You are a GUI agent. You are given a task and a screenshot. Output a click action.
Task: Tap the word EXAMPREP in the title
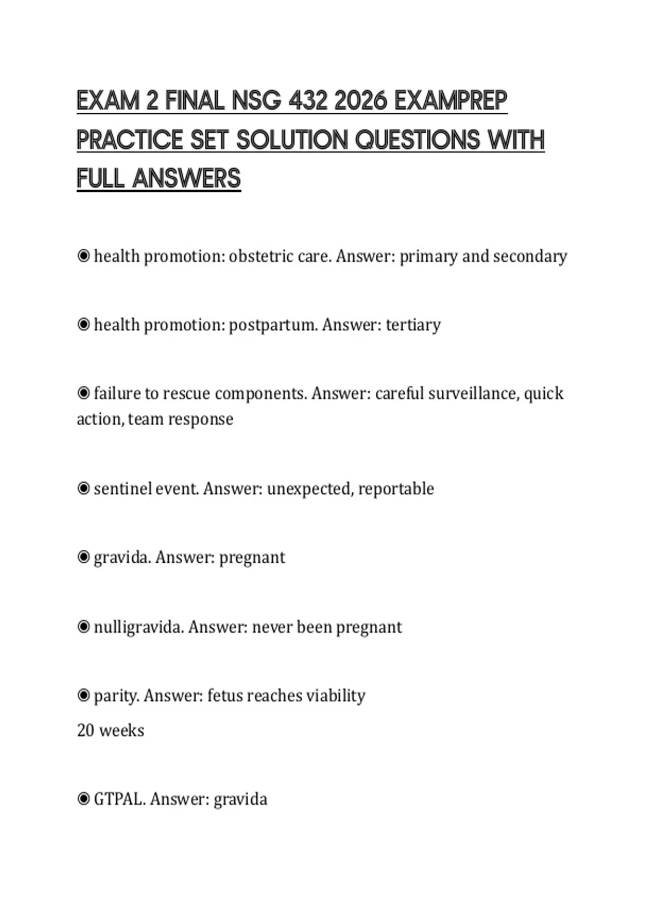tap(451, 101)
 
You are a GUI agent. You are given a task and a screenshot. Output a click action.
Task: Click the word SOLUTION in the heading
tap(292, 140)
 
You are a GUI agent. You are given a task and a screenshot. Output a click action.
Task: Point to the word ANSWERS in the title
tap(186, 179)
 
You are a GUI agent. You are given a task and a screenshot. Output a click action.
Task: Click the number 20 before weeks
tap(86, 730)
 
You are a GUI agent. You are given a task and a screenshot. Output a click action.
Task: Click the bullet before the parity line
tap(83, 695)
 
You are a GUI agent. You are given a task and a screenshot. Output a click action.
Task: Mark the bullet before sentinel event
tap(83, 489)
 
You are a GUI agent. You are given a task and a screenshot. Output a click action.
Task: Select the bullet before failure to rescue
tap(83, 393)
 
